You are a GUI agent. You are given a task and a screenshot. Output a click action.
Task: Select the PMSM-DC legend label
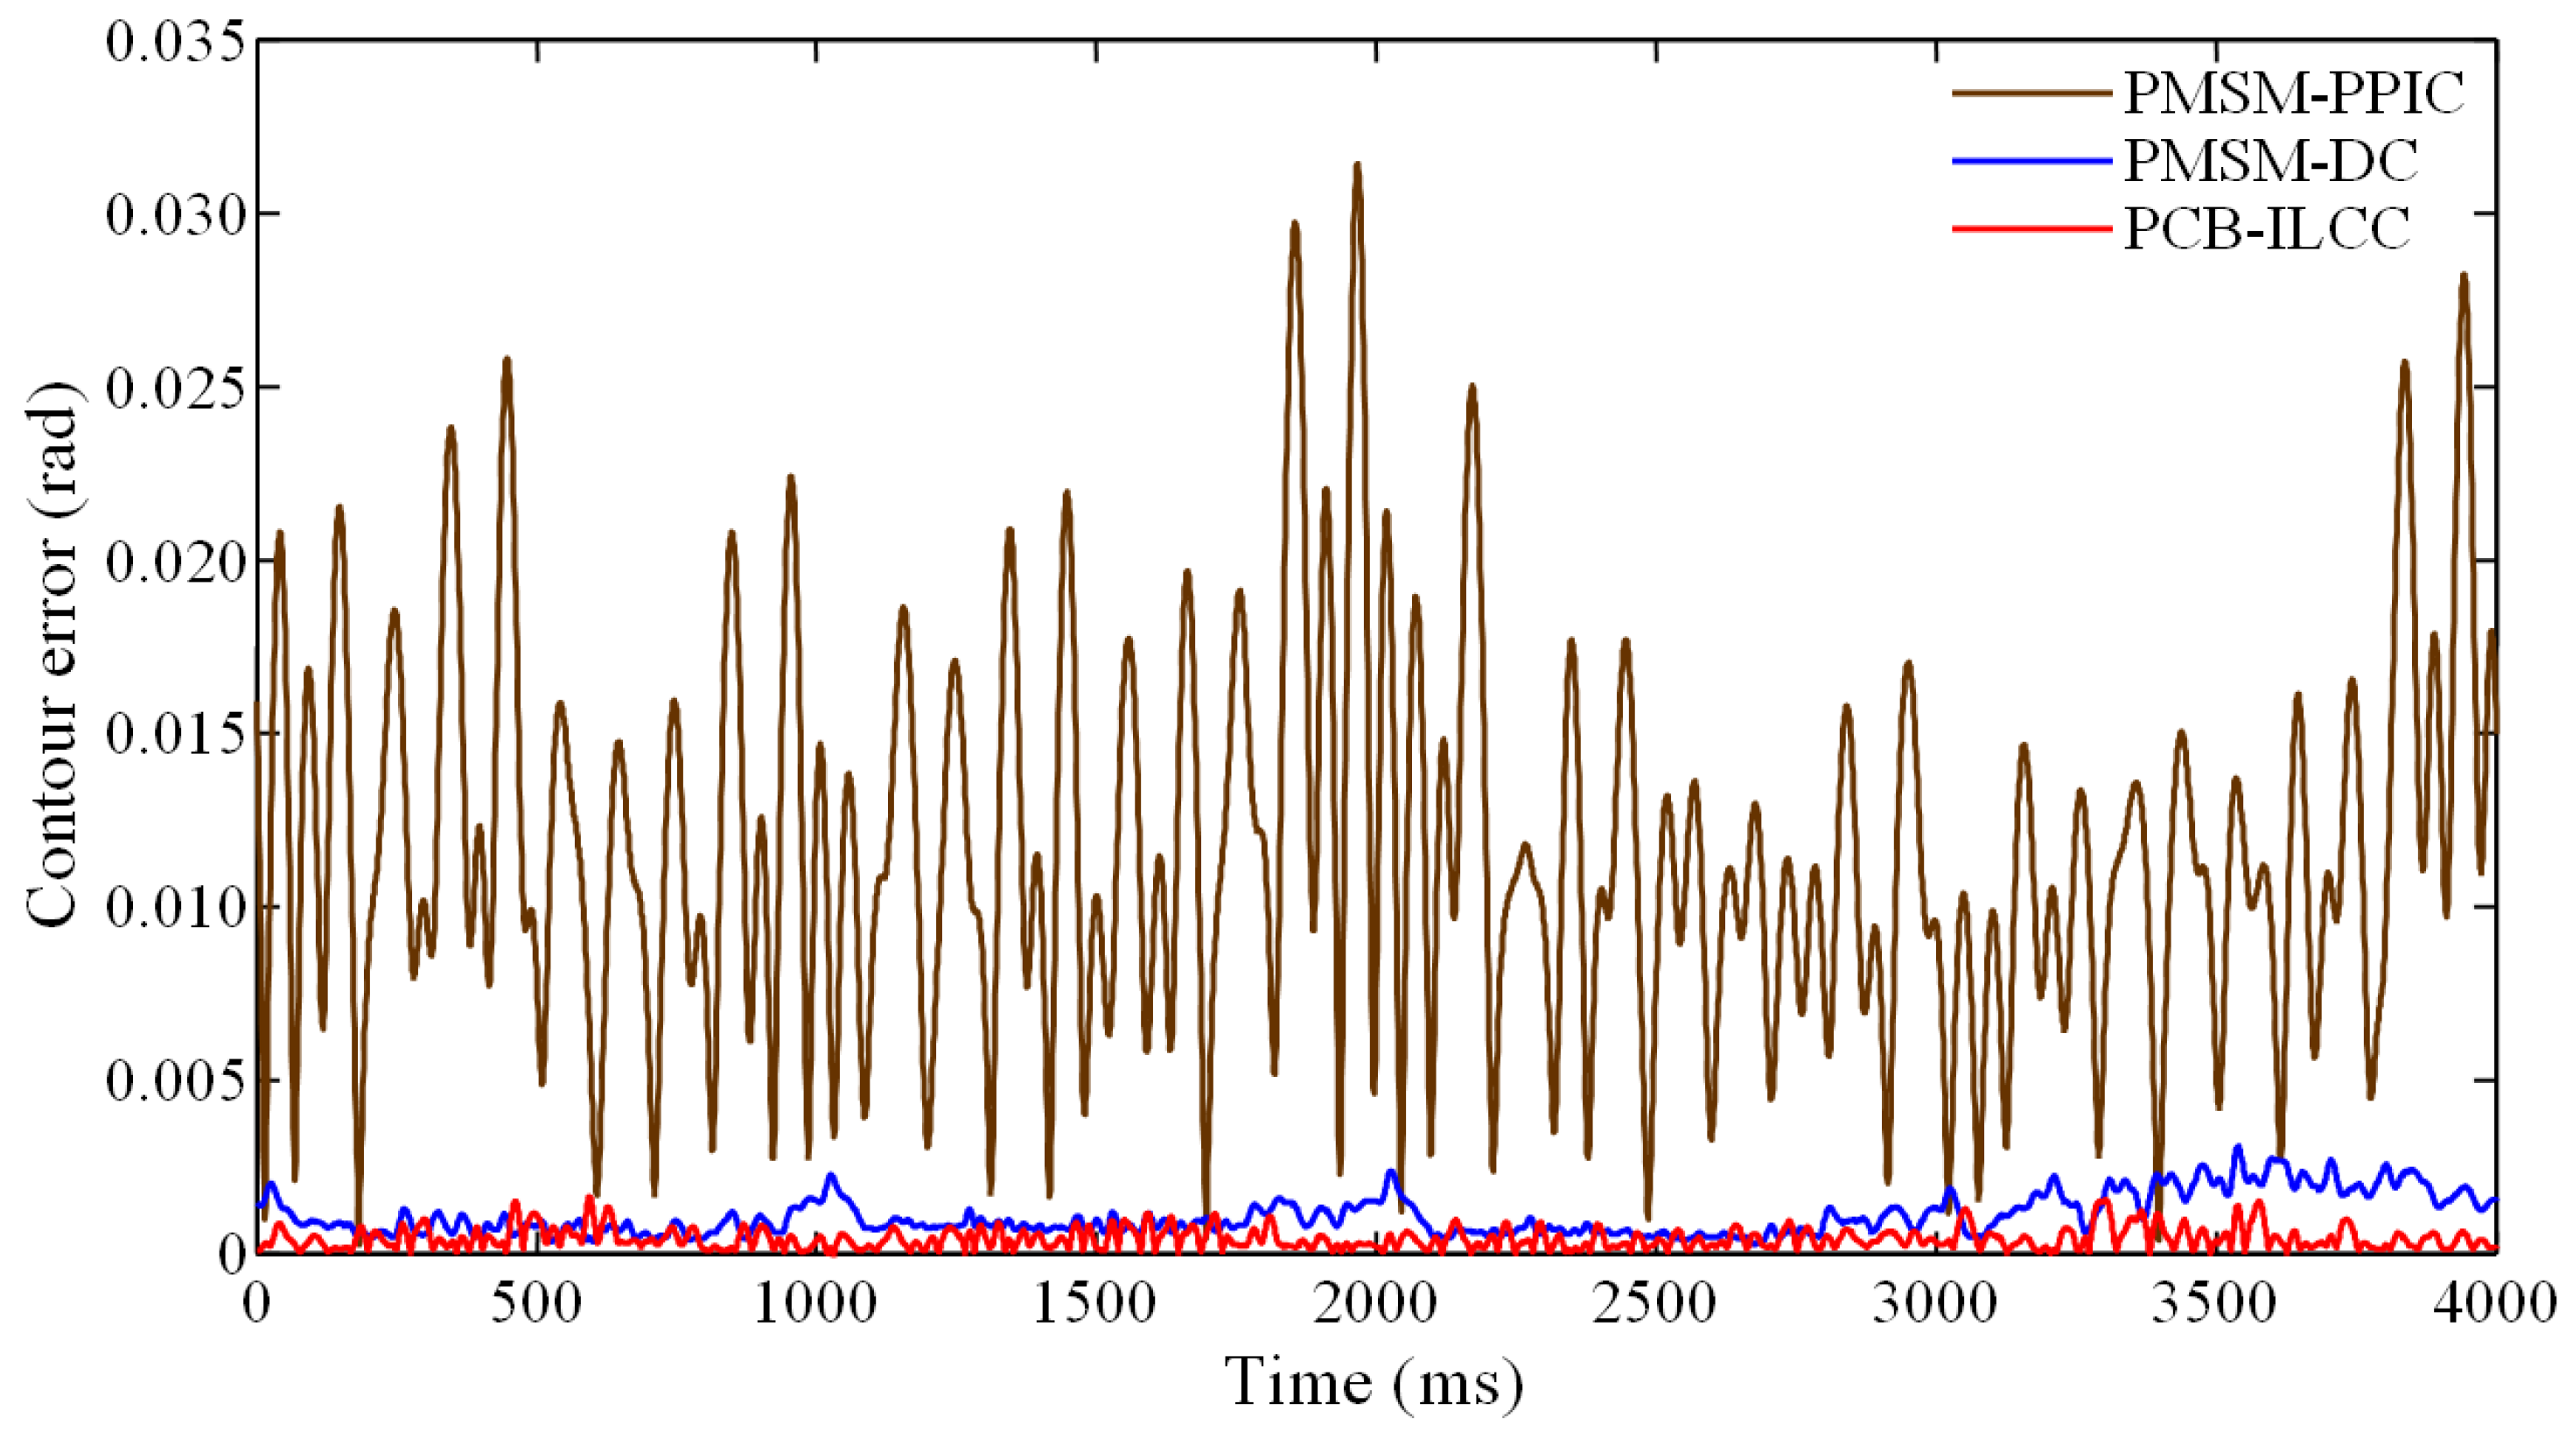click(2270, 159)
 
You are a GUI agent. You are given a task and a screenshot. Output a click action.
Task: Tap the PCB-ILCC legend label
click(2266, 228)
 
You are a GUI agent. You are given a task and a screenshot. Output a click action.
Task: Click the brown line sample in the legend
click(2031, 93)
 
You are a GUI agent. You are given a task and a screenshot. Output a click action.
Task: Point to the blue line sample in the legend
click(2031, 160)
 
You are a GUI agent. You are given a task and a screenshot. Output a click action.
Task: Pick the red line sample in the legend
click(2031, 229)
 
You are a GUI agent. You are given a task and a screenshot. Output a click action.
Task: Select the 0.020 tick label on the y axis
click(175, 562)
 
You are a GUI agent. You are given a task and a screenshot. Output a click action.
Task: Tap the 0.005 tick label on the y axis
click(175, 1081)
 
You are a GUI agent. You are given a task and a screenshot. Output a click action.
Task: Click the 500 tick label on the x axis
click(536, 1303)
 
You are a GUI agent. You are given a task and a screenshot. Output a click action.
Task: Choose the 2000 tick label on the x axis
click(1374, 1303)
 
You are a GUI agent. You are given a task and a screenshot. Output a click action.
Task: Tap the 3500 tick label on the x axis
click(2213, 1303)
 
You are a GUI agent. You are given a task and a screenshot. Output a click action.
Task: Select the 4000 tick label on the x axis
click(2490, 1303)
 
